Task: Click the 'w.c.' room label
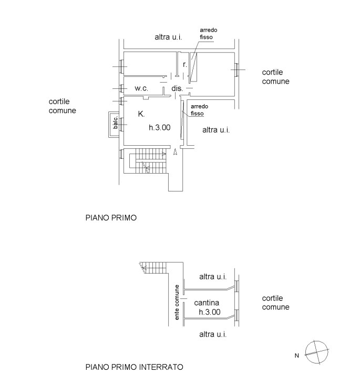pyautogui.click(x=141, y=88)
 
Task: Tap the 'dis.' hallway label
pyautogui.click(x=177, y=88)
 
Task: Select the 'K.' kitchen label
pyautogui.click(x=141, y=114)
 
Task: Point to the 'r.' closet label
pyautogui.click(x=185, y=64)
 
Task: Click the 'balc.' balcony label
pyautogui.click(x=116, y=123)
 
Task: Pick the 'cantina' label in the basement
pyautogui.click(x=207, y=303)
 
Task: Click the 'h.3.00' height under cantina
pyautogui.click(x=210, y=312)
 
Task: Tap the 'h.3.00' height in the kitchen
pyautogui.click(x=160, y=128)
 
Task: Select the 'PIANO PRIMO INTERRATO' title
pyautogui.click(x=135, y=367)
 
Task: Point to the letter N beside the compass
pyautogui.click(x=296, y=356)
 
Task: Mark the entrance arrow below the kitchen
pyautogui.click(x=175, y=152)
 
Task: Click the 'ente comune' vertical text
pyautogui.click(x=177, y=302)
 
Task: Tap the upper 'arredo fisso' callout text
pyautogui.click(x=209, y=34)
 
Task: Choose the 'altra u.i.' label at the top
pyautogui.click(x=168, y=37)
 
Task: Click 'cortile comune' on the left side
pyautogui.click(x=63, y=106)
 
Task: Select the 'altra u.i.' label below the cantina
pyautogui.click(x=213, y=335)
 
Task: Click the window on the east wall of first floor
pyautogui.click(x=236, y=70)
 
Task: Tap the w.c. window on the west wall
pyautogui.click(x=121, y=88)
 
